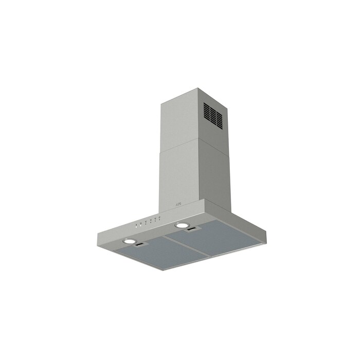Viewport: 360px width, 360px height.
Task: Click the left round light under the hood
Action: click(130, 241)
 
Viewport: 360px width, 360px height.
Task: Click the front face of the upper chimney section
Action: click(178, 121)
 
